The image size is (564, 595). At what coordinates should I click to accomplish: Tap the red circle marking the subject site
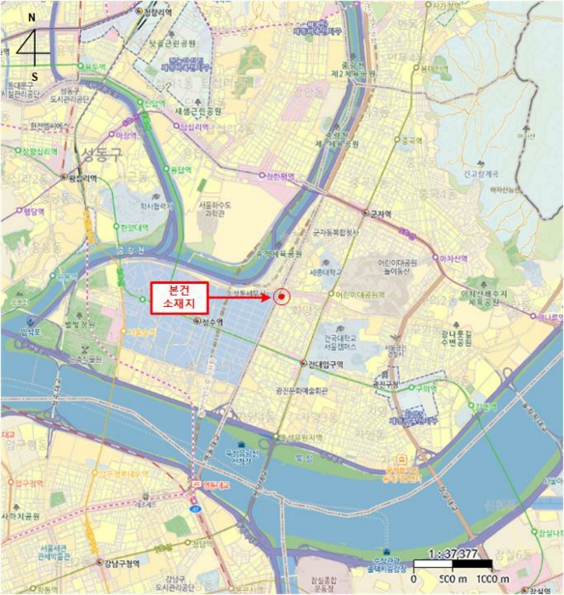[x=283, y=297]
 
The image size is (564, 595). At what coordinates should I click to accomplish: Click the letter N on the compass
[x=31, y=17]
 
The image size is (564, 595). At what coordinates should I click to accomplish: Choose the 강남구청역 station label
[x=125, y=563]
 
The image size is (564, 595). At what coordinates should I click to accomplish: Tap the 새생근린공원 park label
[x=197, y=111]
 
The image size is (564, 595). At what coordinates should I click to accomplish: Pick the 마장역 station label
[x=126, y=134]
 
